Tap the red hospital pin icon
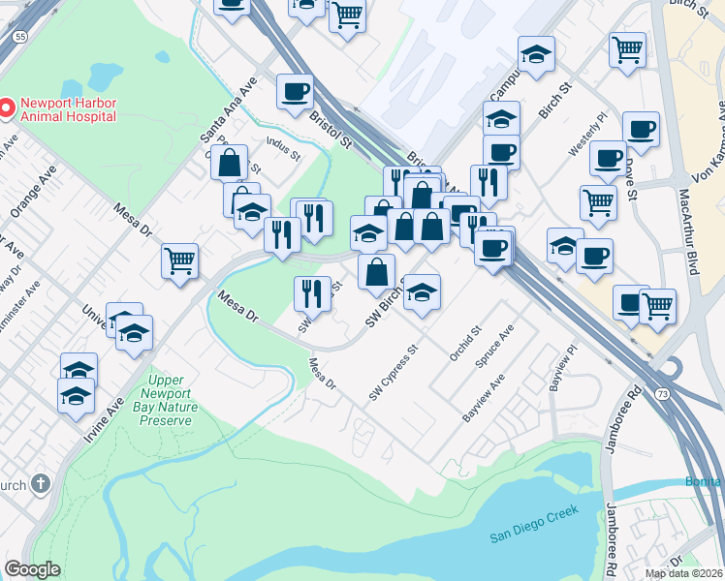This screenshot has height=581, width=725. pyautogui.click(x=7, y=107)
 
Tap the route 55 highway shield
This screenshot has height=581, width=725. pyautogui.click(x=19, y=35)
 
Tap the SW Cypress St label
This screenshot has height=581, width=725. pyautogui.click(x=393, y=372)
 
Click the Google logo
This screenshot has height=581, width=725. pyautogui.click(x=32, y=569)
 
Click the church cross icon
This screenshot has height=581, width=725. pyautogui.click(x=40, y=484)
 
